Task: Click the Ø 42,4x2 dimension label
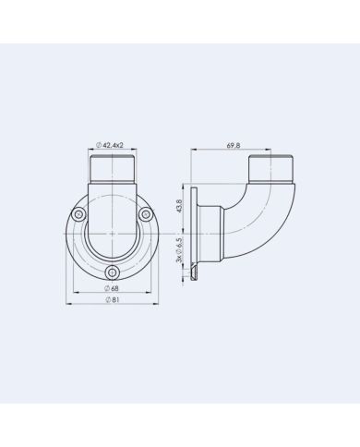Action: point(110,145)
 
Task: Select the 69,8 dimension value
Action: point(234,146)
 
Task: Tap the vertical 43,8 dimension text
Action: point(179,205)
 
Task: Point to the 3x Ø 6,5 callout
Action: point(179,250)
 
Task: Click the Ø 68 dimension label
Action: point(112,288)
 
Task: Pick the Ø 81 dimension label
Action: point(113,300)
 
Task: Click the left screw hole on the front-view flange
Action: point(78,214)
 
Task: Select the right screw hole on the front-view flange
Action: point(146,214)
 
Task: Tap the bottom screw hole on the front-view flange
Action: point(113,272)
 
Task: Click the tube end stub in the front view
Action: point(113,170)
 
